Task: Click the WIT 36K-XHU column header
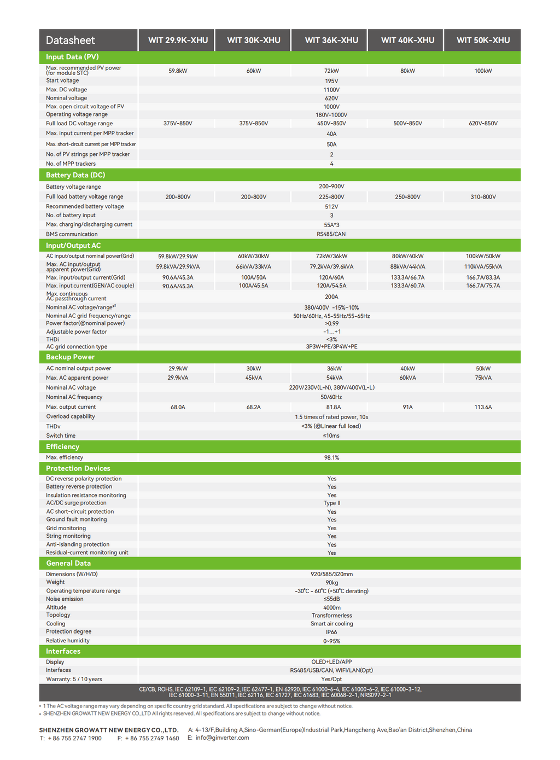pyautogui.click(x=331, y=40)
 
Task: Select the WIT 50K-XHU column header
pyautogui.click(x=483, y=40)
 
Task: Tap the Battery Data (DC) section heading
pyautogui.click(x=75, y=175)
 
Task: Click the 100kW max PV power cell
pyautogui.click(x=483, y=71)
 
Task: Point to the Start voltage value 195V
pyautogui.click(x=331, y=81)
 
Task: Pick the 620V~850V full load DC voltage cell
pyautogui.click(x=483, y=124)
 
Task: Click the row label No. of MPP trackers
pyautogui.click(x=71, y=164)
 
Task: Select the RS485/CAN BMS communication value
pyautogui.click(x=331, y=234)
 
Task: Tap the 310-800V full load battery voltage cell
pyautogui.click(x=483, y=197)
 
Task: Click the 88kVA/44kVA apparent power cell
pyautogui.click(x=407, y=267)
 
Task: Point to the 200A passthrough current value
pyautogui.click(x=331, y=297)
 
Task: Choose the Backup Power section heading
pyautogui.click(x=70, y=357)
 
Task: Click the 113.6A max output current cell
pyautogui.click(x=483, y=407)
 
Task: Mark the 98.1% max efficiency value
pyautogui.click(x=331, y=457)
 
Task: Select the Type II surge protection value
pyautogui.click(x=331, y=503)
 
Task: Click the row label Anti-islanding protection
pyautogui.click(x=78, y=544)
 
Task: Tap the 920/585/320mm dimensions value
pyautogui.click(x=331, y=575)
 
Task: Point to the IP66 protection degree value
pyautogui.click(x=331, y=632)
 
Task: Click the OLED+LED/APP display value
pyautogui.click(x=331, y=662)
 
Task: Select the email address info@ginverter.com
pyautogui.click(x=222, y=738)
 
